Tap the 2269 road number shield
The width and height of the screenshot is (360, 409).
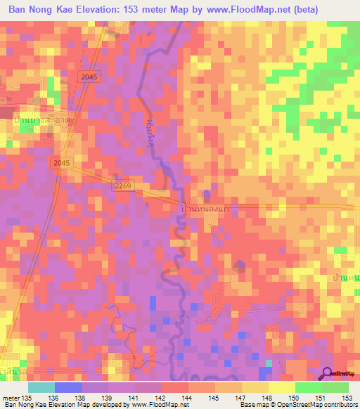click(x=122, y=186)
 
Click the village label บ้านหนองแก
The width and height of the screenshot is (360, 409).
click(x=205, y=209)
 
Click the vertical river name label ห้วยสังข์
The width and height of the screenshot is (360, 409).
click(x=150, y=127)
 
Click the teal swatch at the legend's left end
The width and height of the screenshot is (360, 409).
click(x=41, y=387)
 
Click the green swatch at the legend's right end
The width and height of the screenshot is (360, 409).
click(x=335, y=387)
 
